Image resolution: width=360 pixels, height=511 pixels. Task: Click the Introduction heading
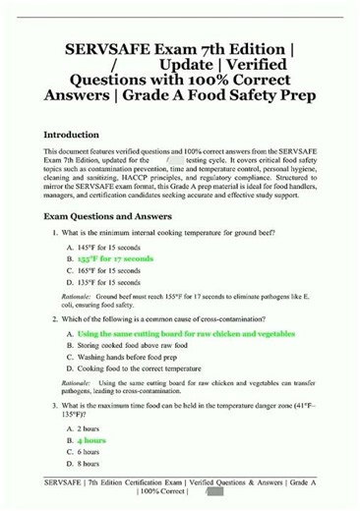coord(71,135)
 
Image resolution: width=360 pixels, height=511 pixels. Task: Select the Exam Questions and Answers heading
coord(108,216)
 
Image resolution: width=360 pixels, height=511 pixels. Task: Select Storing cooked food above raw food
coord(136,346)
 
